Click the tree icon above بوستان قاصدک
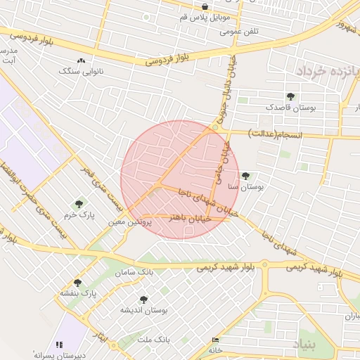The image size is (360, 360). coord(290,96)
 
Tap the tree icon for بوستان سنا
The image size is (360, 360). coord(245,176)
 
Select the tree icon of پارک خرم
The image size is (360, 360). coord(78,203)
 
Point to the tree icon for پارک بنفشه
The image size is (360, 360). coord(77,283)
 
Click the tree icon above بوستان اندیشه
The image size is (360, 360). coord(143,300)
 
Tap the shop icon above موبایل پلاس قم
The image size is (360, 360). coord(205,6)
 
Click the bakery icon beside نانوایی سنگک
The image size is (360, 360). coord(82,61)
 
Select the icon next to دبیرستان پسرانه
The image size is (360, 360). coord(60,345)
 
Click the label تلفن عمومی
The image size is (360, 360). coord(239,32)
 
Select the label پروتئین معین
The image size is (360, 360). coord(127,221)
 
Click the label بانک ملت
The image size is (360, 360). coord(154,339)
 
